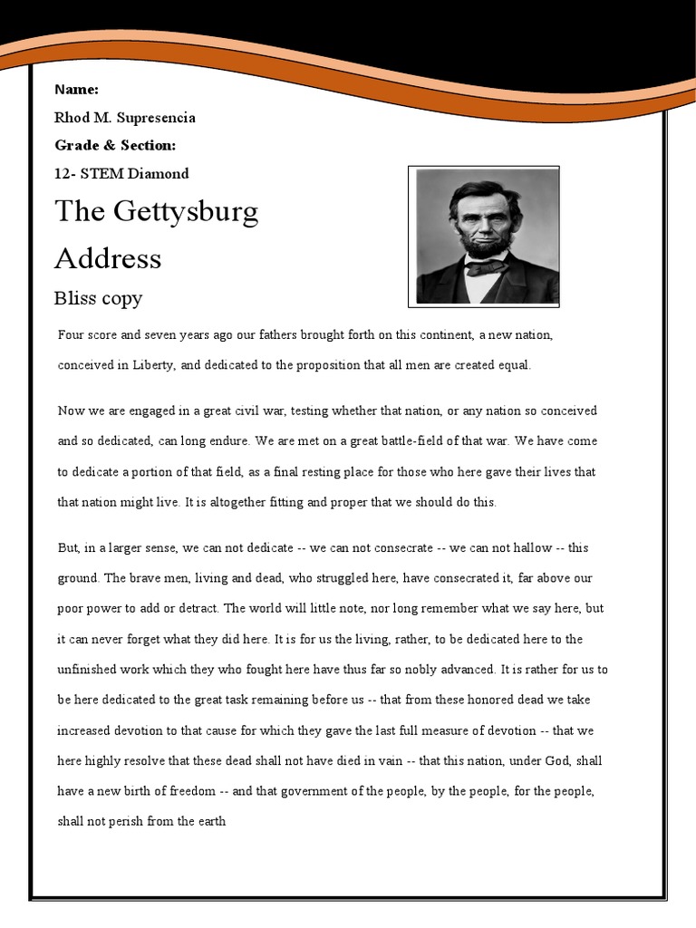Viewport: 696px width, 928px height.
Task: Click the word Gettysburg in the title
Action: (185, 212)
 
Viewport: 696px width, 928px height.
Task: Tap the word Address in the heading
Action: (108, 258)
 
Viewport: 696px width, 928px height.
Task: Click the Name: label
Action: (76, 89)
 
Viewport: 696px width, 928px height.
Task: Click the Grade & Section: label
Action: (115, 145)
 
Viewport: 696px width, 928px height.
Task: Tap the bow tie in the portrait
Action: (488, 266)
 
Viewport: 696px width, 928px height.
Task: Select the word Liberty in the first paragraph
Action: (150, 365)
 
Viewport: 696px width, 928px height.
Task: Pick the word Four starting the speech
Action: (70, 334)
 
